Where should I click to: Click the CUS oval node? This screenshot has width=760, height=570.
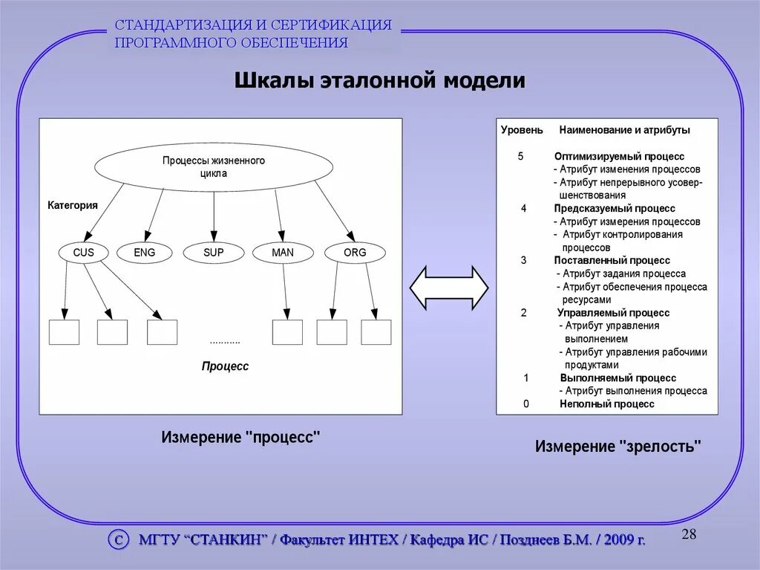pyautogui.click(x=83, y=253)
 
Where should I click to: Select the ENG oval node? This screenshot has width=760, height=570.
pyautogui.click(x=144, y=253)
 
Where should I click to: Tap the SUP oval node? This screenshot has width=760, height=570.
pyautogui.click(x=213, y=253)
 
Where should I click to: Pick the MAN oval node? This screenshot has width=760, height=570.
pyautogui.click(x=282, y=253)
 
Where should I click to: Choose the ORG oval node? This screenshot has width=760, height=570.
pyautogui.click(x=355, y=253)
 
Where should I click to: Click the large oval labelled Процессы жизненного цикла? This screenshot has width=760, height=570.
pyautogui.click(x=213, y=166)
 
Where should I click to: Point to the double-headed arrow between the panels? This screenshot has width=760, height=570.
pyautogui.click(x=449, y=287)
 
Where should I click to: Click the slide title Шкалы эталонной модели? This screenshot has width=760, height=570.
pyautogui.click(x=380, y=80)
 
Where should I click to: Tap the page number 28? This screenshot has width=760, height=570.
pyautogui.click(x=689, y=535)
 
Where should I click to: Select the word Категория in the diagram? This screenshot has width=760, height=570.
pyautogui.click(x=73, y=205)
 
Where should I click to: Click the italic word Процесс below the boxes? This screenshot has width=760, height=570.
pyautogui.click(x=225, y=366)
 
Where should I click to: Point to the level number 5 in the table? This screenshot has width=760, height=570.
pyautogui.click(x=520, y=157)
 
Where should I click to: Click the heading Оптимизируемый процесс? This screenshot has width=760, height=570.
pyautogui.click(x=619, y=157)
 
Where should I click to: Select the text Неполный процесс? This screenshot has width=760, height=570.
pyautogui.click(x=607, y=404)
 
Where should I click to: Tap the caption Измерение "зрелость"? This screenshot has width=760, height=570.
pyautogui.click(x=618, y=447)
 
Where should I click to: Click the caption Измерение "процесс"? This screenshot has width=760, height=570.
pyautogui.click(x=240, y=438)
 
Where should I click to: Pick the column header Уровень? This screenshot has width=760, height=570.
pyautogui.click(x=522, y=130)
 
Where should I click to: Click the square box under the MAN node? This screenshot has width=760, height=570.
pyautogui.click(x=287, y=332)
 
